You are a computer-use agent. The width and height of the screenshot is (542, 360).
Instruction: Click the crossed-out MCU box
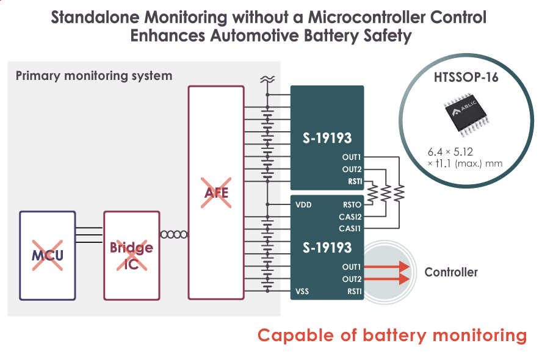[48, 255]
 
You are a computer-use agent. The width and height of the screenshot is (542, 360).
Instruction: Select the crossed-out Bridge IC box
[131, 255]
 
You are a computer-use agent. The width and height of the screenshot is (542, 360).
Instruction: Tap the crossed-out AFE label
[216, 193]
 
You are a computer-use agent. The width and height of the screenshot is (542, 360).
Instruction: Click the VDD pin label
[303, 205]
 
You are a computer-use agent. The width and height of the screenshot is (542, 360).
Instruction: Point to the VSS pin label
[302, 292]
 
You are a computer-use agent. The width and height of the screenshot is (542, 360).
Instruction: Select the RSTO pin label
[352, 205]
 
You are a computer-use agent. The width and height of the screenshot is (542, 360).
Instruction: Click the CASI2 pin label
[350, 217]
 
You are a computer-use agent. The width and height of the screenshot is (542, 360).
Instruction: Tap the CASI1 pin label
[350, 228]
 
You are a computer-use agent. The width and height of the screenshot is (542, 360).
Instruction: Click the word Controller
[451, 272]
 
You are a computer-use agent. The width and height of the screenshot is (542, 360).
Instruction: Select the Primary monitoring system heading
[93, 76]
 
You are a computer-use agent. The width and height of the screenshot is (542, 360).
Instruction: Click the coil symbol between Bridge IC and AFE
[174, 234]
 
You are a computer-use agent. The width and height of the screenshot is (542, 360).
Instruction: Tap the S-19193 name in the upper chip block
[327, 136]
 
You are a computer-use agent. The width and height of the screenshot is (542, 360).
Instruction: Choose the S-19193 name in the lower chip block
[327, 247]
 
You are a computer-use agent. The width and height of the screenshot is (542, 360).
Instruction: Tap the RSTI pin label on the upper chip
[354, 181]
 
